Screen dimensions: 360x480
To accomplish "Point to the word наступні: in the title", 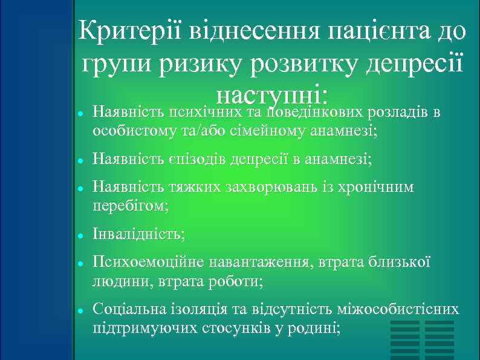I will coord(272,96).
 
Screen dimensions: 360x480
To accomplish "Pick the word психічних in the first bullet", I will coord(203,113).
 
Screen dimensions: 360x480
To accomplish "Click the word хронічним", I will coord(378,188).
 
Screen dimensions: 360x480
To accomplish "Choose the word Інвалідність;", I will coord(138,234).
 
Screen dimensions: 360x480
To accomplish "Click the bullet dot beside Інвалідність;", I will coord(80,235).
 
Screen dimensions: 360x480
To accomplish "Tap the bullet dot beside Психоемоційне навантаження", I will coord(80,263).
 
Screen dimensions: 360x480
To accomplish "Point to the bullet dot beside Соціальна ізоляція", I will coord(80,310).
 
